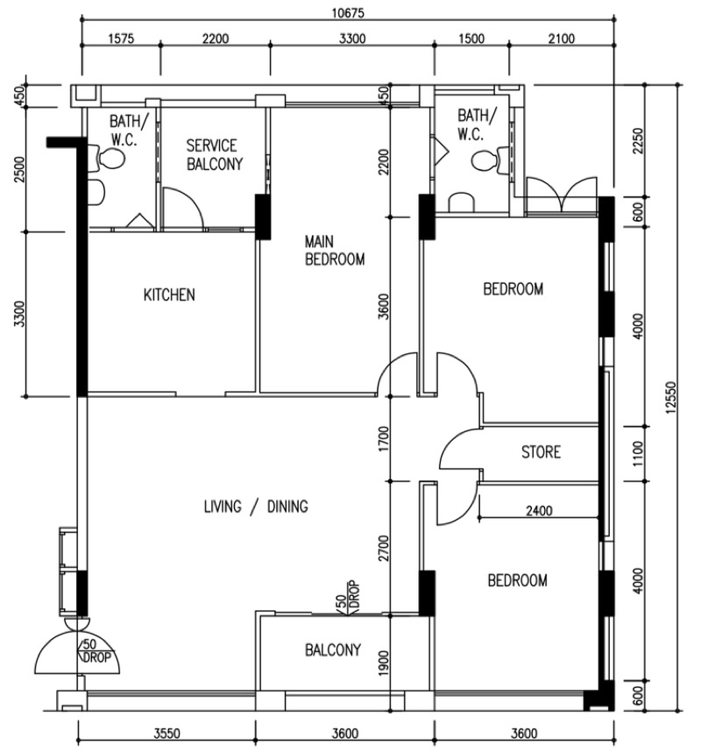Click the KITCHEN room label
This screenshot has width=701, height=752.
click(x=169, y=294)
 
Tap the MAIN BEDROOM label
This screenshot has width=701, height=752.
click(x=335, y=250)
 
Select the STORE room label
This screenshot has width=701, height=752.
click(x=541, y=451)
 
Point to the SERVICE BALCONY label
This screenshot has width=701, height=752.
click(x=215, y=154)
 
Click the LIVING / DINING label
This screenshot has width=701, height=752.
click(x=256, y=507)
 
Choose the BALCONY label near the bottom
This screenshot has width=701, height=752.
click(x=333, y=649)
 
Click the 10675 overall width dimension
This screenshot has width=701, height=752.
click(x=348, y=12)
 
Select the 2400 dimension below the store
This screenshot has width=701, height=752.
click(x=539, y=511)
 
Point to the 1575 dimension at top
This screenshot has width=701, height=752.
click(x=121, y=38)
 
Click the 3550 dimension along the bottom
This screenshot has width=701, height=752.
click(x=166, y=734)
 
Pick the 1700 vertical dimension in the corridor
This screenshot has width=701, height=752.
click(x=383, y=439)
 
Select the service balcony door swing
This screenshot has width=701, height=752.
click(x=185, y=207)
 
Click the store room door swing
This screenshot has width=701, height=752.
click(x=460, y=449)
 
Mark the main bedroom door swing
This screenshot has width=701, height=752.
click(x=398, y=374)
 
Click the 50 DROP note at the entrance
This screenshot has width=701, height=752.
click(x=96, y=651)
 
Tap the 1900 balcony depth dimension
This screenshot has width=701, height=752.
click(x=383, y=663)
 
